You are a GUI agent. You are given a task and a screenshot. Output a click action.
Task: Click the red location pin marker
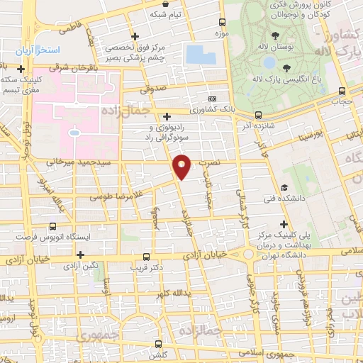(x=182, y=167)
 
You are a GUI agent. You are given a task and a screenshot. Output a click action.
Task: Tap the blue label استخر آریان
(x=42, y=51)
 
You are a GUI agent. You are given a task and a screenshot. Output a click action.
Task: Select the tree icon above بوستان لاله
(x=275, y=34)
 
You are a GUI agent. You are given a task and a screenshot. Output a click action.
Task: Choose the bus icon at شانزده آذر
(x=257, y=114)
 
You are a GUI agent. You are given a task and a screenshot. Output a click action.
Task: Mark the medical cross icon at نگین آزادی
(x=80, y=255)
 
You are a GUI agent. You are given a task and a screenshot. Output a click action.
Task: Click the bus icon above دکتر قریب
(x=147, y=257)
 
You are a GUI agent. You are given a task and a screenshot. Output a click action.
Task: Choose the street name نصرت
(x=210, y=163)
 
